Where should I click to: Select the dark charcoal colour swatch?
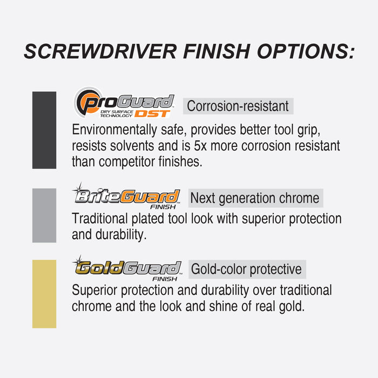point(44,130)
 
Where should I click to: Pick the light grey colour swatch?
point(44,215)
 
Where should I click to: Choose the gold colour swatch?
point(44,294)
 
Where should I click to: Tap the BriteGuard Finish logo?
point(126,197)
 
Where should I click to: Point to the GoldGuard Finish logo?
point(126,268)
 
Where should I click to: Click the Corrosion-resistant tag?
point(238,106)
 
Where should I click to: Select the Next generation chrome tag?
point(255,198)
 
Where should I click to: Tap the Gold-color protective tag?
point(246,269)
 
